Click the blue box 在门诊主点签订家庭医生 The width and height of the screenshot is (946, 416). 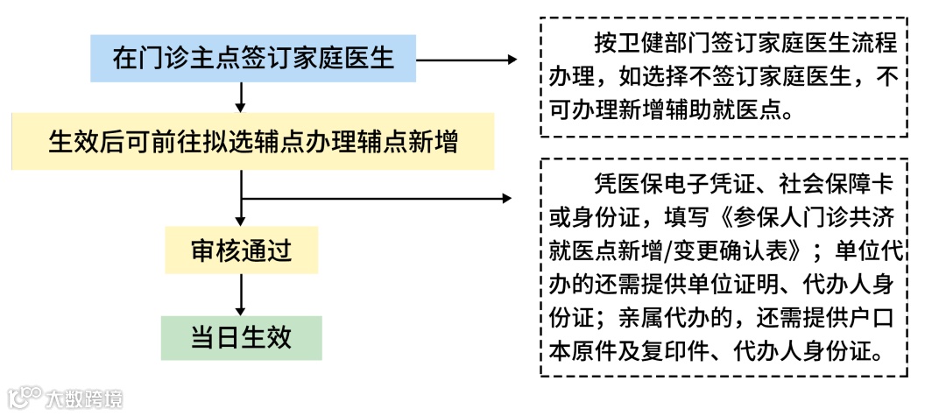252,60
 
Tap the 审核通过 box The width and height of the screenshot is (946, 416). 241,251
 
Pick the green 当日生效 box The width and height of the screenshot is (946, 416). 241,337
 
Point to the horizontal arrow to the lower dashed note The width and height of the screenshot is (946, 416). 377,199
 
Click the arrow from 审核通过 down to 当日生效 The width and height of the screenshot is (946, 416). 241,293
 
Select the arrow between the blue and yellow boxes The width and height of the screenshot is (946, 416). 241,96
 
